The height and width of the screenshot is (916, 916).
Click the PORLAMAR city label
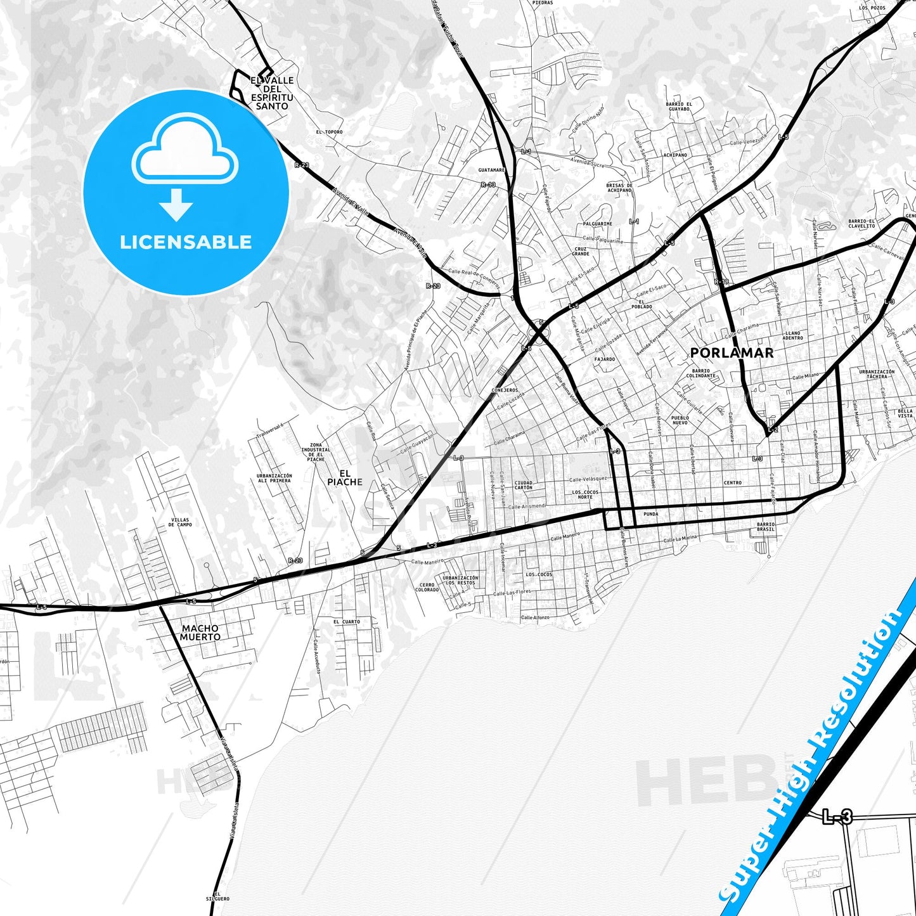point(732,353)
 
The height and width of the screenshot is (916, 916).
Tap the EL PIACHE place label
point(345,477)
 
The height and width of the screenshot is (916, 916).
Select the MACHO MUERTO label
point(200,633)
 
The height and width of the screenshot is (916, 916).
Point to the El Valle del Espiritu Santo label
point(272,93)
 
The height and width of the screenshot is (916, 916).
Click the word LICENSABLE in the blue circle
point(186,242)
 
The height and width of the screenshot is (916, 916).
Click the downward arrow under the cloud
point(176,204)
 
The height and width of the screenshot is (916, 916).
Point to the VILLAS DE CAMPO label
point(180,522)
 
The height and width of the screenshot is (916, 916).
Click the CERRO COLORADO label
point(427,587)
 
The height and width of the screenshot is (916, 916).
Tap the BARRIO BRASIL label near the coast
point(766,527)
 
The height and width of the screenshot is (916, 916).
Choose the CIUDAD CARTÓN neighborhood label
point(524,485)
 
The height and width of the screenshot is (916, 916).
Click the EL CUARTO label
point(347,622)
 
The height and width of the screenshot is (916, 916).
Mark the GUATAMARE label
point(491,170)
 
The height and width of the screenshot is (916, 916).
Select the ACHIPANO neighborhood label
point(675,155)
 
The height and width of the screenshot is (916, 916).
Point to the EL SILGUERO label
point(217,896)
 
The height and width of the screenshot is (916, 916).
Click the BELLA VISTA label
point(905,413)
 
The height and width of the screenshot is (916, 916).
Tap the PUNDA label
point(650,514)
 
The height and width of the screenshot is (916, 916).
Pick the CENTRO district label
point(732,483)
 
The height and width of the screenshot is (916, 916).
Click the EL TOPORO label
point(329,132)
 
